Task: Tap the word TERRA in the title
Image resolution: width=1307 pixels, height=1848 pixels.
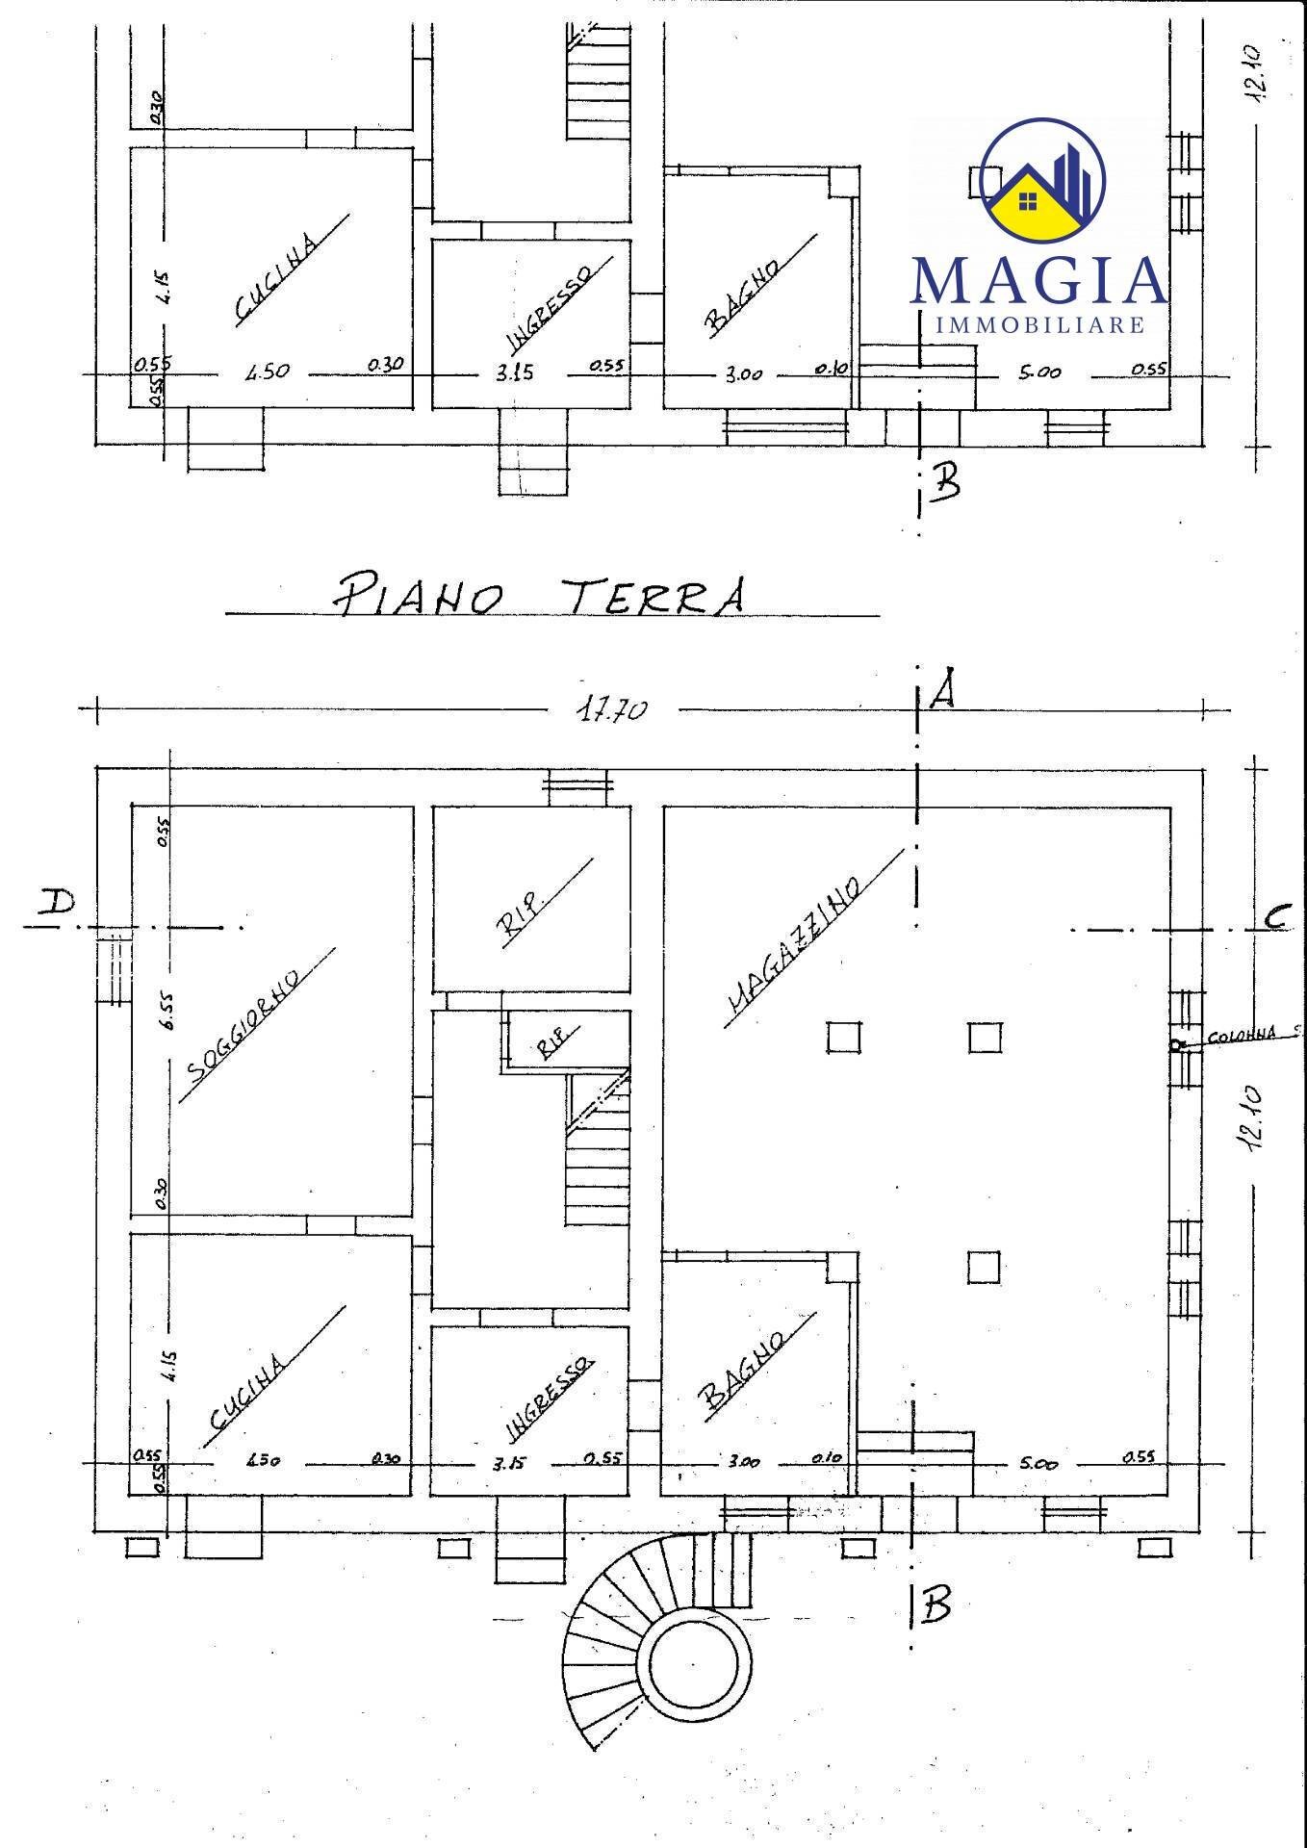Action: click(x=653, y=594)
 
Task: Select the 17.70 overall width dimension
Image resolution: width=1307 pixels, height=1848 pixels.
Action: click(x=611, y=710)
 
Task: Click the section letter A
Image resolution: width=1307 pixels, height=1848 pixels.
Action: click(x=942, y=688)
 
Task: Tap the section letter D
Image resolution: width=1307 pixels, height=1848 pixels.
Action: click(x=57, y=905)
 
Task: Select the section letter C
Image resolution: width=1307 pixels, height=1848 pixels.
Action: click(x=1276, y=918)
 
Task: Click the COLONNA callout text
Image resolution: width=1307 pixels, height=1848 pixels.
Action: click(x=1241, y=1035)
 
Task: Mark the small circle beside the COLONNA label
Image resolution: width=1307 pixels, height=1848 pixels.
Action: click(x=1176, y=1044)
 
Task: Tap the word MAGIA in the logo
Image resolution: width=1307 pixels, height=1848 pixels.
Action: click(x=1038, y=280)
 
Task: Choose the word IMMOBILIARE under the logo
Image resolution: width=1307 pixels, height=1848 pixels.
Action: click(x=1039, y=324)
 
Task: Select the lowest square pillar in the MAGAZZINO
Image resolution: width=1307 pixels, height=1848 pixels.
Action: click(x=984, y=1267)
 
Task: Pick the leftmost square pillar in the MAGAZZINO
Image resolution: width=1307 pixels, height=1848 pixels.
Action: click(x=843, y=1038)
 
